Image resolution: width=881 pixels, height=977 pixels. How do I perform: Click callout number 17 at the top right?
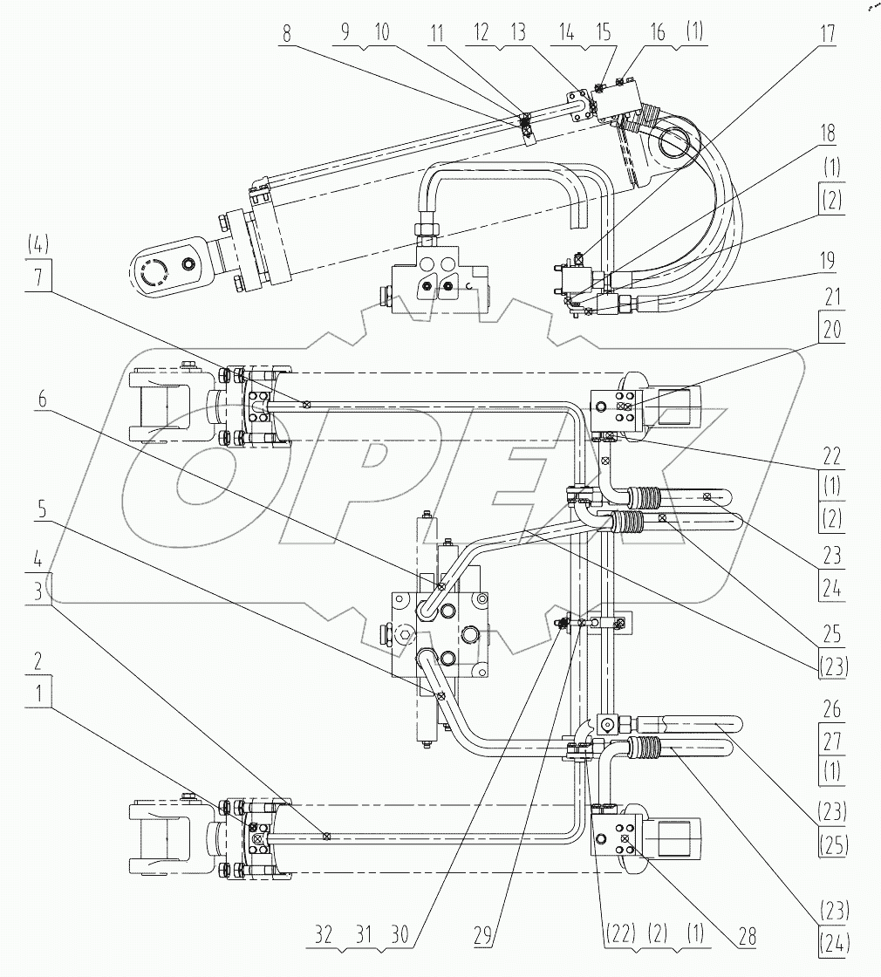[x=826, y=36]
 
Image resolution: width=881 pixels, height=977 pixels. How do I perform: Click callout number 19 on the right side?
[x=826, y=259]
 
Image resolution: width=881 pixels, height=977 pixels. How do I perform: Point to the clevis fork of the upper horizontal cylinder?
[x=166, y=404]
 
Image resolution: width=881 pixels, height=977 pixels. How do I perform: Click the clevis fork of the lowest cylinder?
[x=166, y=835]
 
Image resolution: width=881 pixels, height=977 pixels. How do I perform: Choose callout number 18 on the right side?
[x=826, y=133]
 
